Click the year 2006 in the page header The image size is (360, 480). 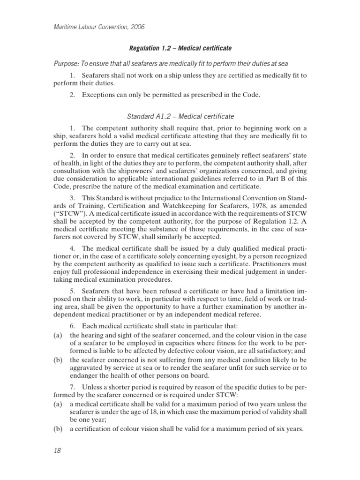tap(136, 27)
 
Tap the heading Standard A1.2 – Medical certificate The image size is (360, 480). tap(181, 116)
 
